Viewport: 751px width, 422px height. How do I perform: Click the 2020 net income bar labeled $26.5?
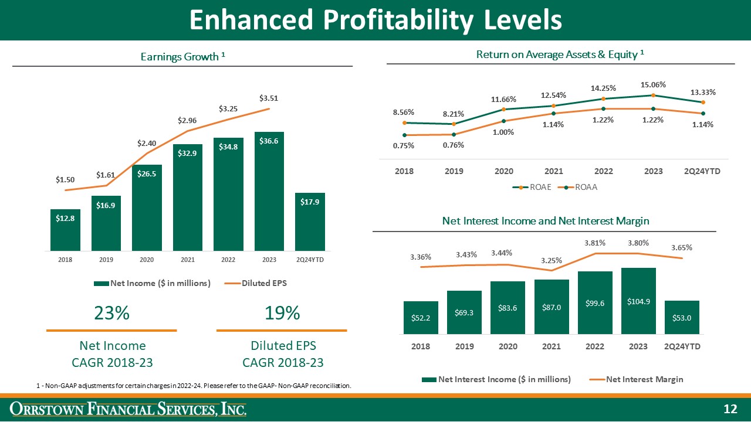[x=147, y=207]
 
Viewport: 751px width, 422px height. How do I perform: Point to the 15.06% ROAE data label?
[x=653, y=84]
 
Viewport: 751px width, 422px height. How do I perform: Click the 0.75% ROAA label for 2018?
[x=404, y=146]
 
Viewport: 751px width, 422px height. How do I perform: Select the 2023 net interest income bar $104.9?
[x=638, y=301]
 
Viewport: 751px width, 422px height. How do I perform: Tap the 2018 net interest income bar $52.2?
[x=421, y=318]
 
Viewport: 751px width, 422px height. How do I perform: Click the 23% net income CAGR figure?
[x=111, y=314]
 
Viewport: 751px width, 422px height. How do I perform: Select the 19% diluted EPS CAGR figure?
[x=282, y=314]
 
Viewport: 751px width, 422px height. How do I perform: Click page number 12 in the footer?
[x=730, y=409]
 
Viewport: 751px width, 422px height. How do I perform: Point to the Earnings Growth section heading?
[x=183, y=56]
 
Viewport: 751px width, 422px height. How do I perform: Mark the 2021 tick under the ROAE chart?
[x=553, y=171]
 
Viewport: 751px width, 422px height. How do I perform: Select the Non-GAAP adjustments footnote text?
[x=194, y=386]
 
